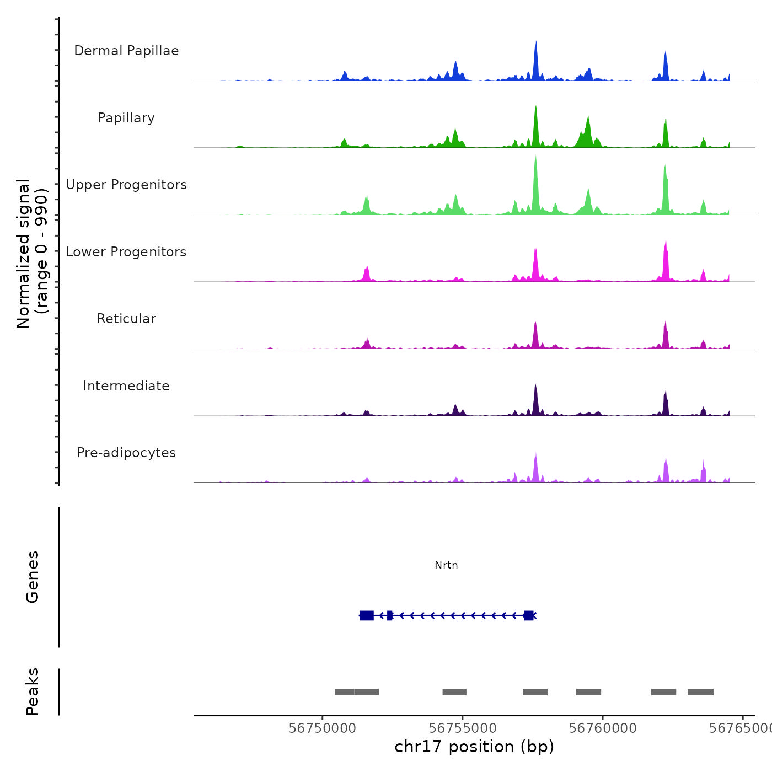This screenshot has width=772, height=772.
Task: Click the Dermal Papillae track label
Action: click(x=126, y=51)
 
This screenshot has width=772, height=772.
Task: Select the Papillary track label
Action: click(x=126, y=118)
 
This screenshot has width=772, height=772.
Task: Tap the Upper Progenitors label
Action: click(x=126, y=185)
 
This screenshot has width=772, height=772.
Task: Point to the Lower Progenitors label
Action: click(x=126, y=252)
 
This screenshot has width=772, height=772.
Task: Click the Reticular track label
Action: click(x=126, y=319)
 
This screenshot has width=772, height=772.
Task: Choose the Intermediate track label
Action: click(x=126, y=386)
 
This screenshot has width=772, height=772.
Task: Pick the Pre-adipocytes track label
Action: click(x=126, y=453)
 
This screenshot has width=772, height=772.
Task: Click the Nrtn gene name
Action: click(x=446, y=565)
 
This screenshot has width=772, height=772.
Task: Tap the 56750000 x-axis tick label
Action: click(x=323, y=728)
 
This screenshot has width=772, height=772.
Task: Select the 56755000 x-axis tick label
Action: click(x=463, y=728)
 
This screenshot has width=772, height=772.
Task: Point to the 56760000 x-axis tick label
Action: click(x=603, y=728)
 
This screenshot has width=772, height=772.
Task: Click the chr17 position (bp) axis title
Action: click(x=474, y=747)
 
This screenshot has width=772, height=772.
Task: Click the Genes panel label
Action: click(x=33, y=577)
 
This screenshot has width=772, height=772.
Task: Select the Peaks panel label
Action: click(x=33, y=691)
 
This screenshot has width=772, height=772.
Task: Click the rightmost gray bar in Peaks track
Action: click(x=700, y=692)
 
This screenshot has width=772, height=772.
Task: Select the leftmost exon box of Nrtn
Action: click(x=366, y=615)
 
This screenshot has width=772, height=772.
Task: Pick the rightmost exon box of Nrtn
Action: click(x=529, y=615)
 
